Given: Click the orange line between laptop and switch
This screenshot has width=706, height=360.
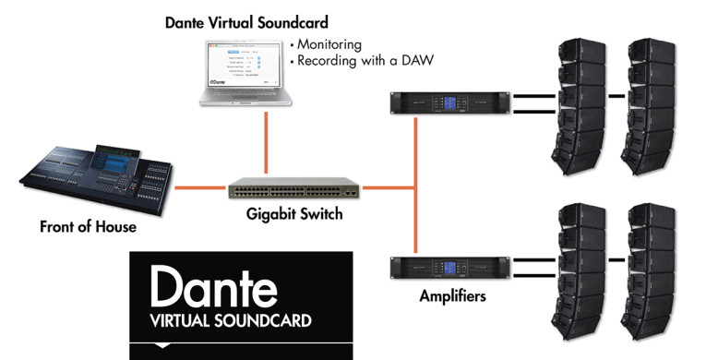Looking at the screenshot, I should point(267,143).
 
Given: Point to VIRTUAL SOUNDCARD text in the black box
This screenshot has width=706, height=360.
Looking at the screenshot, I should point(231,321).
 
